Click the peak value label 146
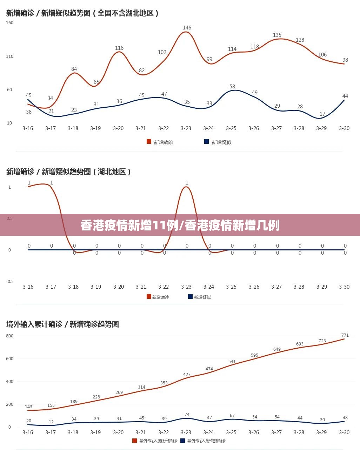(187, 28)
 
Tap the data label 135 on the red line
(277, 35)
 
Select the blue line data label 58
(232, 87)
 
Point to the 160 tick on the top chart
(10, 23)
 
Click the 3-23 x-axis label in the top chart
(186, 128)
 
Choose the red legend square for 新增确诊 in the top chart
(149, 142)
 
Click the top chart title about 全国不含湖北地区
(83, 13)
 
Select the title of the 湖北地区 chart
(69, 172)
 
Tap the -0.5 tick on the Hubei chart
(10, 281)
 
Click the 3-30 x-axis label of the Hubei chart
(344, 287)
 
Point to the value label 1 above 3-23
(187, 183)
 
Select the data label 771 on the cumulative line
(345, 335)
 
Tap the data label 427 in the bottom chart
(187, 375)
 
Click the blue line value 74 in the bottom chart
(187, 415)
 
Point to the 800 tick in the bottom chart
(10, 336)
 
